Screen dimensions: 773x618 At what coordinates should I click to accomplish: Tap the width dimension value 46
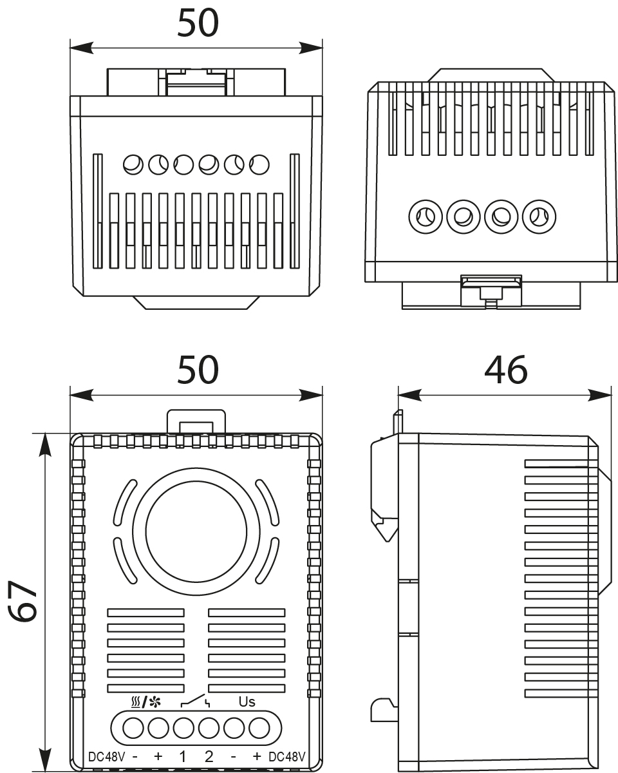[505, 370]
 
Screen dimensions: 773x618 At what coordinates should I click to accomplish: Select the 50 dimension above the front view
[198, 370]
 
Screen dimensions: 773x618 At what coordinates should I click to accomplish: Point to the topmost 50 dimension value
[198, 23]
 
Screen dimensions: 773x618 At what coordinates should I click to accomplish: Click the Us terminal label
[247, 701]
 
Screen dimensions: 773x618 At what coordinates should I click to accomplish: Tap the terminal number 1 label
[183, 756]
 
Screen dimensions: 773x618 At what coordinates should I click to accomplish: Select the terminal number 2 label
[209, 756]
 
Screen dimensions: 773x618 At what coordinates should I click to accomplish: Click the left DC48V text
[106, 756]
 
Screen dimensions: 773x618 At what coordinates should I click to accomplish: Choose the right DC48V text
[287, 756]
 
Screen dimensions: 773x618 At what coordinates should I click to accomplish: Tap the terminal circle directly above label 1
[183, 729]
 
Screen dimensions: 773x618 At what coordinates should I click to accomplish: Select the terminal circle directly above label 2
[209, 729]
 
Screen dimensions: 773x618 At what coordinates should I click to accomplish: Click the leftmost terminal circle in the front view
[133, 729]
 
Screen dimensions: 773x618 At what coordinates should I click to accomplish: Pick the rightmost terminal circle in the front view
[259, 729]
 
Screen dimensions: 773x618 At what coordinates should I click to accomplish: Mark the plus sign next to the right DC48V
[257, 756]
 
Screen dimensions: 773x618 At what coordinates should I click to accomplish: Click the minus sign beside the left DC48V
[134, 756]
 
